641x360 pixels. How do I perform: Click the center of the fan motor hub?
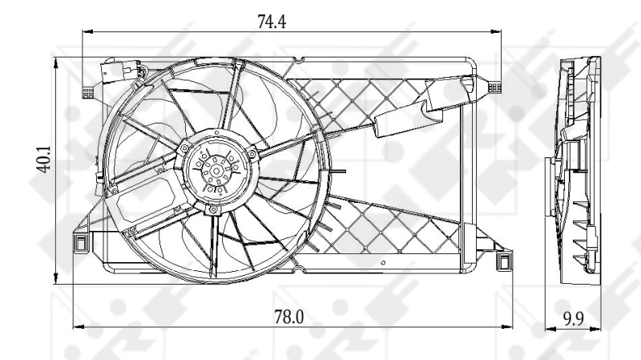[x=214, y=171]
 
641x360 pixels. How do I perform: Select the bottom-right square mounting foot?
[x=503, y=261]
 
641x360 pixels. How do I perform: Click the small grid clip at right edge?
[x=494, y=84]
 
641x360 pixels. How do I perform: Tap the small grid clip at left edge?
[x=88, y=91]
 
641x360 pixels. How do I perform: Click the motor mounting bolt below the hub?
[x=213, y=210]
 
